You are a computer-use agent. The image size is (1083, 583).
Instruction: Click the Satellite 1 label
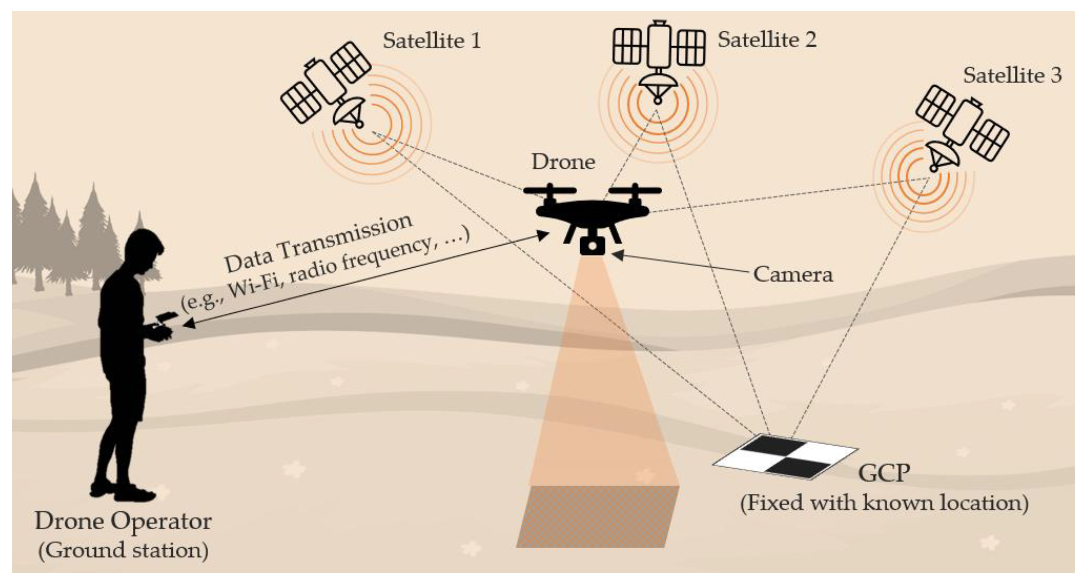(432, 41)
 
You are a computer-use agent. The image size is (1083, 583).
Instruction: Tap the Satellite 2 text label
(767, 40)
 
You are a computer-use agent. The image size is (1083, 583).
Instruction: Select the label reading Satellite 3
(1012, 76)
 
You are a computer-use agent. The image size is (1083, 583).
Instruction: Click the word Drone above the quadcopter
(564, 162)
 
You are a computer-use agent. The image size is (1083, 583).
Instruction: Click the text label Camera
(792, 274)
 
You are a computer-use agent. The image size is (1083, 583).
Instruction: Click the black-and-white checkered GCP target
(785, 457)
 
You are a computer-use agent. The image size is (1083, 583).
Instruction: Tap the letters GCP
(884, 473)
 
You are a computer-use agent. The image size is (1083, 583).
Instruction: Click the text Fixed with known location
(884, 503)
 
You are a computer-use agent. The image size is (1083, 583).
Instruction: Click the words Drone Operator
(123, 521)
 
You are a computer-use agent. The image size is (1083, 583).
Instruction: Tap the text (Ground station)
(123, 550)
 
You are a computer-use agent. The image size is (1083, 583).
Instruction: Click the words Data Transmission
(318, 243)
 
